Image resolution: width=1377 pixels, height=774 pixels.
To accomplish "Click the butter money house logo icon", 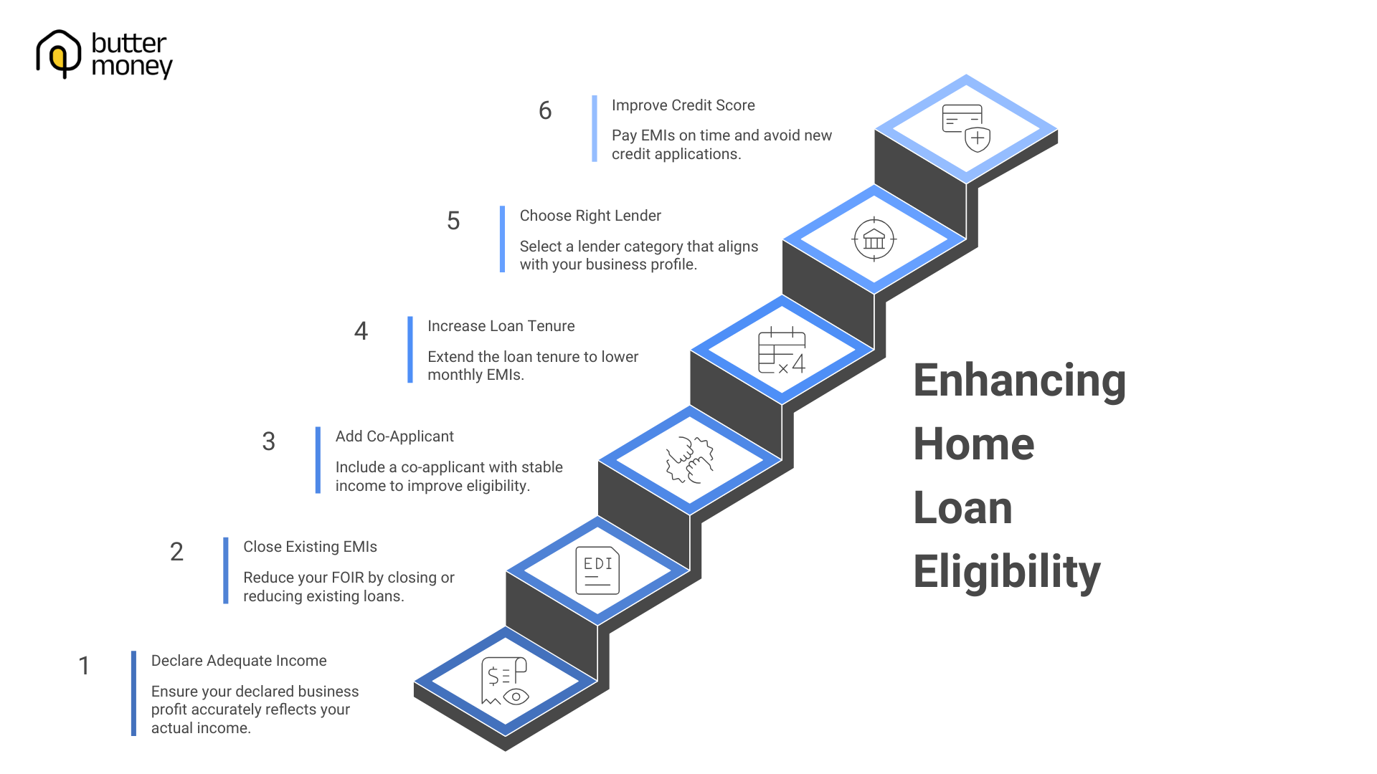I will click(x=58, y=54).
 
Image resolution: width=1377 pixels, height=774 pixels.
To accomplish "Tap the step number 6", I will click(x=545, y=110).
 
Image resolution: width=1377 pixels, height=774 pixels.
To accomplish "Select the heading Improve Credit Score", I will click(x=683, y=105).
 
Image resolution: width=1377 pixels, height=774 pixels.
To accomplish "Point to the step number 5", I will click(x=453, y=221).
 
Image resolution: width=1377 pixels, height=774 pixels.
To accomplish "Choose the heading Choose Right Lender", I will click(x=590, y=216).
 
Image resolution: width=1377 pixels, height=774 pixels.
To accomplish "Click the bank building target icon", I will click(x=874, y=239).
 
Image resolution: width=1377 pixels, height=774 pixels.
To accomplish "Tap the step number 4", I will click(x=361, y=331).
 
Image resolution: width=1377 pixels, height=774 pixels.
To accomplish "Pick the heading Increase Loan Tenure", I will click(x=501, y=326).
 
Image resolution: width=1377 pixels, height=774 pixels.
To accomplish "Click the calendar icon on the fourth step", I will click(x=782, y=350).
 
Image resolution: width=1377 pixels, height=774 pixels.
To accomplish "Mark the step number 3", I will click(x=268, y=441).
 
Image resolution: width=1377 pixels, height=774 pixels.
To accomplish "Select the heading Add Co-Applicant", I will click(x=394, y=436).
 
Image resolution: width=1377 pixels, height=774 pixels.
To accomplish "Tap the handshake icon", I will click(x=690, y=460).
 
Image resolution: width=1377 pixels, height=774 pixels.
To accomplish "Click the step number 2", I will click(x=176, y=552).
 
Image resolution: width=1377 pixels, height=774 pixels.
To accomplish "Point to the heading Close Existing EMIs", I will click(x=310, y=547).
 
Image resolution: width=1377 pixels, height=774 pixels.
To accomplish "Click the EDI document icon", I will click(x=597, y=571).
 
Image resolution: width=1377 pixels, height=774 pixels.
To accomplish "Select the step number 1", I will click(x=84, y=666).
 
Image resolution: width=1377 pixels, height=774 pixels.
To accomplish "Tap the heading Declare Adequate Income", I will click(x=239, y=661).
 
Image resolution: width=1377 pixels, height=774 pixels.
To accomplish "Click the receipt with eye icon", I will click(x=505, y=681).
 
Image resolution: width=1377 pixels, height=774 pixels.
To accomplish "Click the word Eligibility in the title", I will click(x=1006, y=571).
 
